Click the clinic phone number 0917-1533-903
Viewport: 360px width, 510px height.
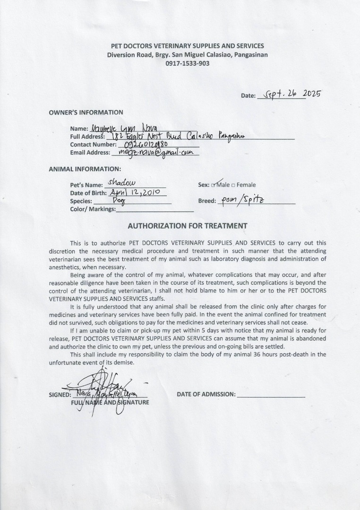pos(187,63)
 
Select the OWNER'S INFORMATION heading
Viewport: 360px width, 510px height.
pos(86,112)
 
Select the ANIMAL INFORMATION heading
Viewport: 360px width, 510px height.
pos(85,169)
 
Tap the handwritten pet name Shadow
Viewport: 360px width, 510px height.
pos(121,183)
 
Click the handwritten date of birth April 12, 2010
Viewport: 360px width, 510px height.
pos(137,192)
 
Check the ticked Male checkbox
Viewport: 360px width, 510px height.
pos(214,185)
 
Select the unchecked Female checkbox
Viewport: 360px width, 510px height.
pos(233,185)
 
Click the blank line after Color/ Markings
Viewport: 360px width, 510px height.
pos(154,210)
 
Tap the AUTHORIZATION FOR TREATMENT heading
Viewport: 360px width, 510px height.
pos(188,226)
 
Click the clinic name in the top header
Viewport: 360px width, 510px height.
pos(187,46)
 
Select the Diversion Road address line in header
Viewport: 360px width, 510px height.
pos(187,54)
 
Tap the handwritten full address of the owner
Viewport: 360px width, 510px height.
pos(177,136)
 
